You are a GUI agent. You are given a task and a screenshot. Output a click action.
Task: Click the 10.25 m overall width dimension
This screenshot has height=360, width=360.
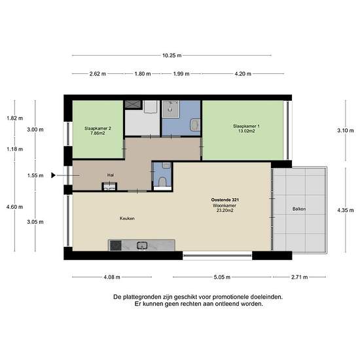pyautogui.click(x=172, y=56)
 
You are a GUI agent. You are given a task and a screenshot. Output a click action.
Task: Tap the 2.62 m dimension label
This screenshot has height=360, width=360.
pyautogui.click(x=98, y=74)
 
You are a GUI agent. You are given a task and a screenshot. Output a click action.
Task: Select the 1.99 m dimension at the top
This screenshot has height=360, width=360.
pyautogui.click(x=181, y=74)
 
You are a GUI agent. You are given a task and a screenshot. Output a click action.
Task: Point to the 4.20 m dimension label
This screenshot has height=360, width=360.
pyautogui.click(x=243, y=74)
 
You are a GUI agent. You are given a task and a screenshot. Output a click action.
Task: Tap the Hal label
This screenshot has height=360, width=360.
pyautogui.click(x=111, y=175)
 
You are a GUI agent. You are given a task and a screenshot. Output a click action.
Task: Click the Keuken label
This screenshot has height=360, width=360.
pyautogui.click(x=127, y=219)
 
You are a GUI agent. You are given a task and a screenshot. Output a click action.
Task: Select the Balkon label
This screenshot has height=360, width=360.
pyautogui.click(x=299, y=209)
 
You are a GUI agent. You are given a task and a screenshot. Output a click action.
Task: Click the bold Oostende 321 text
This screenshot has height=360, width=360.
pyautogui.click(x=225, y=200)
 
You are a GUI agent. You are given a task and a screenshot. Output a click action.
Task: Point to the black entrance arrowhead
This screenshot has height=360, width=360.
pyautogui.click(x=54, y=175)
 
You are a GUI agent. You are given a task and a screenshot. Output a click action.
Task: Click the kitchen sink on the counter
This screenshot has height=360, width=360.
pyautogui.click(x=142, y=245)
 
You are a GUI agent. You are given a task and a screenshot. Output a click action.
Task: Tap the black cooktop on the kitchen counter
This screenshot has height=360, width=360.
pyautogui.click(x=116, y=245)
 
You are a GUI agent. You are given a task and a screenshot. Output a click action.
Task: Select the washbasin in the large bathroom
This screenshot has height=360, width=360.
pyautogui.click(x=194, y=124)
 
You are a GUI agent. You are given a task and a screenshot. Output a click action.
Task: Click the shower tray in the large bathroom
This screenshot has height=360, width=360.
pyautogui.click(x=171, y=109)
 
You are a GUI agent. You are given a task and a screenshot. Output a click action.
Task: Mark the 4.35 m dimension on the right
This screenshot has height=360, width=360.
pyautogui.click(x=346, y=210)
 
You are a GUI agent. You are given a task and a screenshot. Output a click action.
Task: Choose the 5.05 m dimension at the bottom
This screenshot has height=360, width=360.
pyautogui.click(x=222, y=277)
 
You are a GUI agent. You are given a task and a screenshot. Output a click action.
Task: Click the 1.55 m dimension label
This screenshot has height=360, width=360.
pyautogui.click(x=35, y=175)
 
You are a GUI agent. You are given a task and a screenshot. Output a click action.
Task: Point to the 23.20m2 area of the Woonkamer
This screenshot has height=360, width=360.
pyautogui.click(x=225, y=210)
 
